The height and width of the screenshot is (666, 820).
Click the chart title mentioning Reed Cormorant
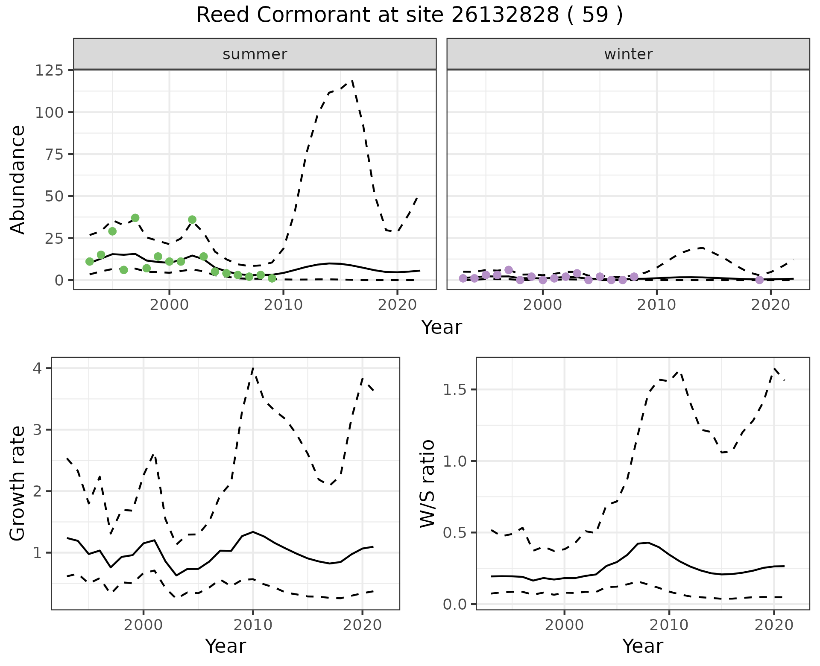pos(409,16)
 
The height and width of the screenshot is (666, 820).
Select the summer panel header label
pos(255,54)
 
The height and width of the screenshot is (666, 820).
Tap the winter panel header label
pos(628,54)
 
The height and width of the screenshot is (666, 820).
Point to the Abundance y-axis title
pos(18,179)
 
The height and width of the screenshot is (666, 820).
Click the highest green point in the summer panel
pos(135,218)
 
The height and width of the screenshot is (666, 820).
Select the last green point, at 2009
pos(272,278)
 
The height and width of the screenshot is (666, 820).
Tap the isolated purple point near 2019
pos(759,280)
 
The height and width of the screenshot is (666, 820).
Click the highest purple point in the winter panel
pos(509,270)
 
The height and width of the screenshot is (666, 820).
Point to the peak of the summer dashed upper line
pos(352,80)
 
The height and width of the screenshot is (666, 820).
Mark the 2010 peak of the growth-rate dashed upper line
pos(253,368)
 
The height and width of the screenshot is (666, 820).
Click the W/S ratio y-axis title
pos(427,483)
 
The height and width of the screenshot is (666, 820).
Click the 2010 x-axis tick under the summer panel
pos(283,305)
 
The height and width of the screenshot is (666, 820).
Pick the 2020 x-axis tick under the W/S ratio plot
pos(774,625)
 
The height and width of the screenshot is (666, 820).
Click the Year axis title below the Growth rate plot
pos(225,646)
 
